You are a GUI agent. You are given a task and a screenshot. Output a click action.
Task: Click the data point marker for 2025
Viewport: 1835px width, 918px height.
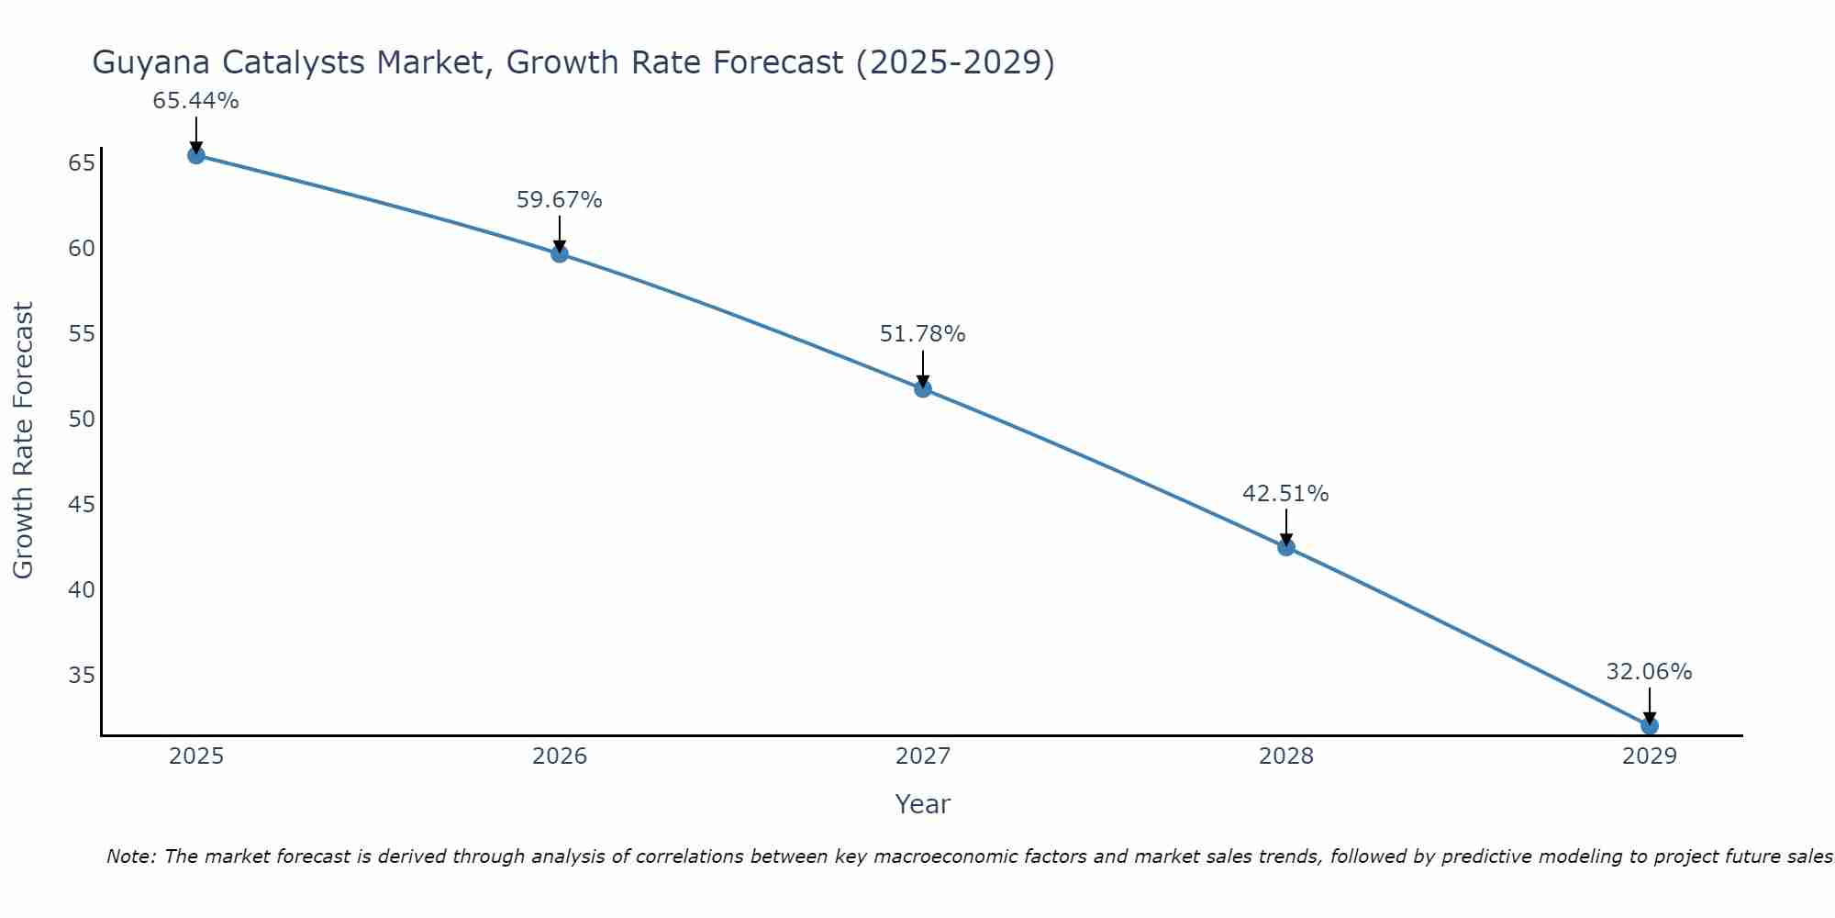coord(196,155)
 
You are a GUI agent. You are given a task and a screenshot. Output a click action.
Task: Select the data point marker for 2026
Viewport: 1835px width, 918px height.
coord(560,253)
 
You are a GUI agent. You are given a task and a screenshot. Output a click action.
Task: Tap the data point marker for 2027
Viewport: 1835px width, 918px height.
coord(923,388)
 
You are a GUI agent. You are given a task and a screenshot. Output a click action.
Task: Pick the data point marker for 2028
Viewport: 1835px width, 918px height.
coord(1286,547)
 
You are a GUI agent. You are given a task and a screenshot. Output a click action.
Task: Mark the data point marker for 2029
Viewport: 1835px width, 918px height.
coord(1650,725)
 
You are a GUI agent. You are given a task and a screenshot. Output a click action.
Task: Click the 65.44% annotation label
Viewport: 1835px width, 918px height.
coord(196,101)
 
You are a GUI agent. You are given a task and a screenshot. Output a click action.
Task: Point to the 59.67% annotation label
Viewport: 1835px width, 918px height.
coord(560,200)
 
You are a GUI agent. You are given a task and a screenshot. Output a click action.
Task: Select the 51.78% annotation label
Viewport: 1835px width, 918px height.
coord(923,334)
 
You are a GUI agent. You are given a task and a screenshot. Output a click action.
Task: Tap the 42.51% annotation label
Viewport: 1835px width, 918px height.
coord(1286,494)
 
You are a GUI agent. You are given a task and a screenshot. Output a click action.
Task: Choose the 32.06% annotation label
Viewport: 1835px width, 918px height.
coord(1650,672)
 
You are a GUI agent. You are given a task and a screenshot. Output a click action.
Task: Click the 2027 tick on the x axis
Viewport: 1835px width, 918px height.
coord(923,756)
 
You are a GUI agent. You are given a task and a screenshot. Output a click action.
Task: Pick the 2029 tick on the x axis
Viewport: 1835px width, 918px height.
coord(1650,756)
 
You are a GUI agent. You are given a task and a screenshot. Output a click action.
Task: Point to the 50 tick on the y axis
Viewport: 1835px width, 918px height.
coord(82,420)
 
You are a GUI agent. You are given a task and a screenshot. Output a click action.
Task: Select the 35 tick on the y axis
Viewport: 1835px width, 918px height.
coord(82,676)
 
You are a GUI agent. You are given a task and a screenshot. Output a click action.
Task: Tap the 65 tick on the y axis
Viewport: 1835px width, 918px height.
coord(82,163)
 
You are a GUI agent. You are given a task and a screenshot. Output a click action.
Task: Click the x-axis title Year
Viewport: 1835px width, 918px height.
coord(923,804)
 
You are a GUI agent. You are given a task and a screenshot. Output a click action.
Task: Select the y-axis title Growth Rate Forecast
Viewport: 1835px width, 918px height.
coord(24,440)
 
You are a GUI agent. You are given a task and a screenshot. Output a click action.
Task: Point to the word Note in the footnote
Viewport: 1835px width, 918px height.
coord(131,856)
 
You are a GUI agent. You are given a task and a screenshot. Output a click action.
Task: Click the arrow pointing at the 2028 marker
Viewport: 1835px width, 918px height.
coord(1286,529)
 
